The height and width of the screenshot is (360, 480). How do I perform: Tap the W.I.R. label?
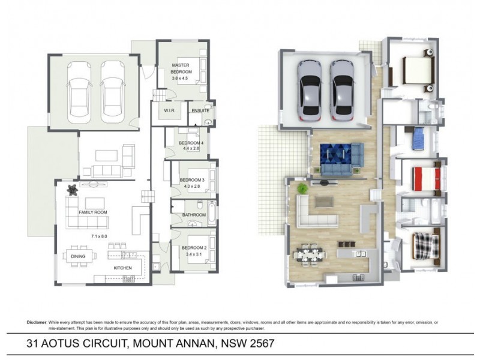(169, 111)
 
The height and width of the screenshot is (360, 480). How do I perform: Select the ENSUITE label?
(200, 111)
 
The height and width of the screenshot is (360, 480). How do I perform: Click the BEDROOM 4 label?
(192, 143)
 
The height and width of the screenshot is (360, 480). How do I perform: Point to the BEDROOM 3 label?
(192, 180)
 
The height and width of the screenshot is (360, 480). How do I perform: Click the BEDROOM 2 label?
(193, 247)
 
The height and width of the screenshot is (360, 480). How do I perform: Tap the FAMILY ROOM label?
(93, 213)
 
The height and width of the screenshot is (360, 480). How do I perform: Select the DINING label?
(77, 256)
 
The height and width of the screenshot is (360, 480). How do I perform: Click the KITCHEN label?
(124, 268)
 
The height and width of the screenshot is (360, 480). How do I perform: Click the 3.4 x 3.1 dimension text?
(193, 254)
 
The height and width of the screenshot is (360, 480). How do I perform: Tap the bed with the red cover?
(427, 178)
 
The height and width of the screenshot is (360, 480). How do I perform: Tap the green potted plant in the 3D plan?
(302, 188)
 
